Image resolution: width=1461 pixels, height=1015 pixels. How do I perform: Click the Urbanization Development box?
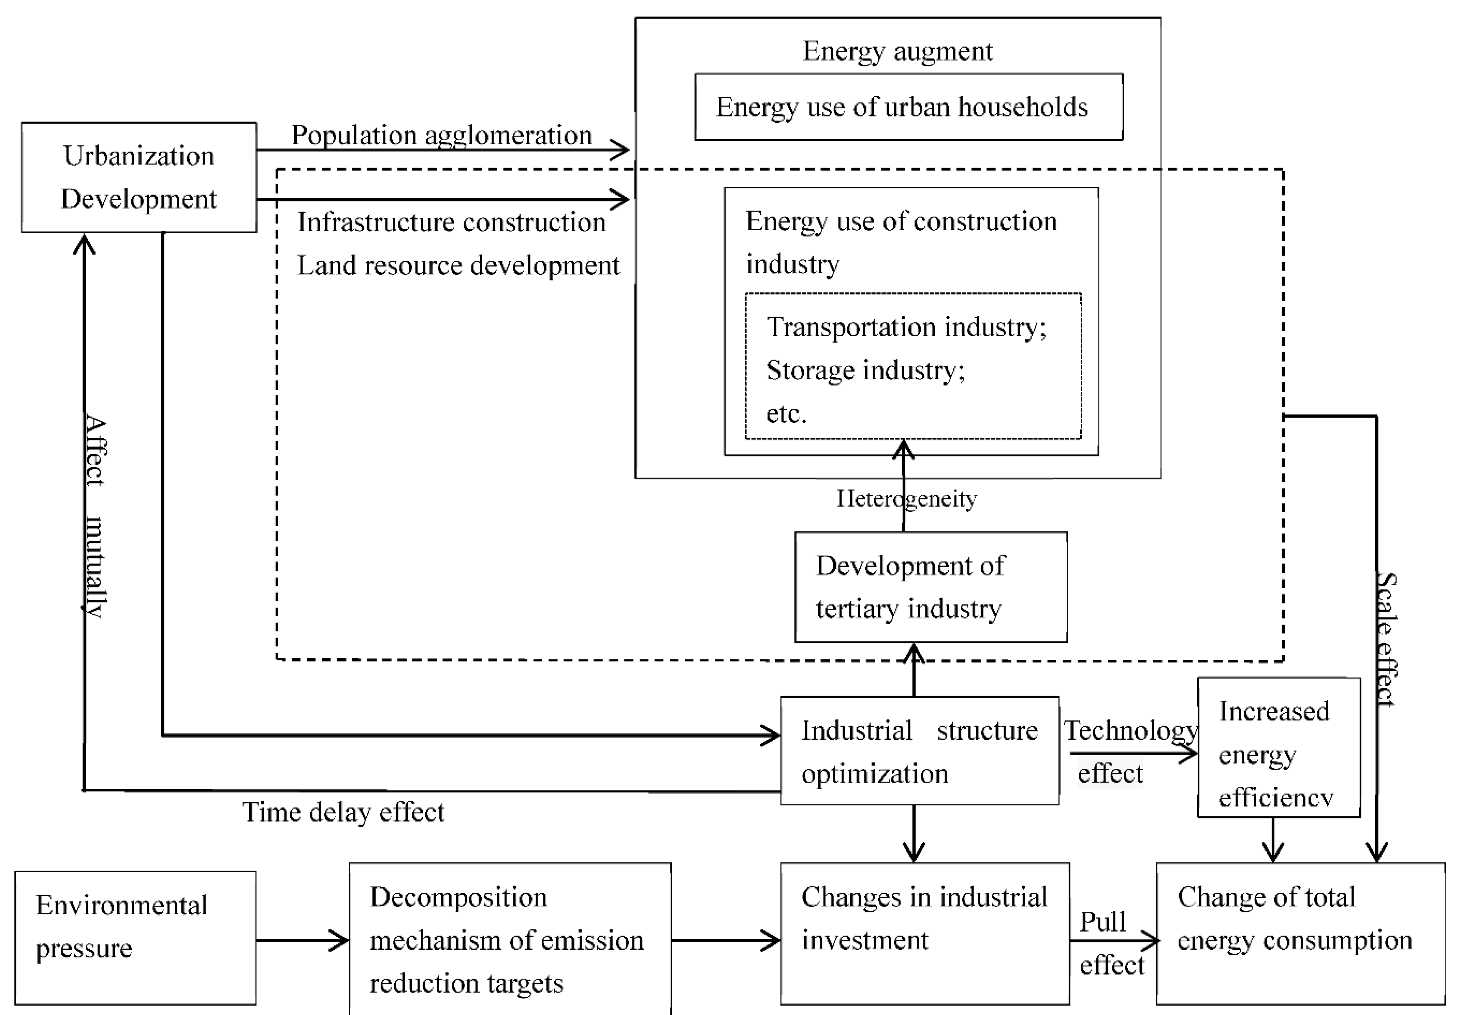tap(139, 177)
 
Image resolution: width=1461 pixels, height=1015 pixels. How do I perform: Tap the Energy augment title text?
tap(897, 51)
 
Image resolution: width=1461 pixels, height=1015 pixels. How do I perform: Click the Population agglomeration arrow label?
tap(441, 135)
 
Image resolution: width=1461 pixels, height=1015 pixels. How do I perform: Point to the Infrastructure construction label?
tap(451, 222)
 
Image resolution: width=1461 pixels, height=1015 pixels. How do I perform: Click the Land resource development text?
tap(458, 265)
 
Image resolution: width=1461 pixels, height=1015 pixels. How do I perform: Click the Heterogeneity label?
tap(906, 499)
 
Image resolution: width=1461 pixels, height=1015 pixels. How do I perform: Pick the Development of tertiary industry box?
tap(930, 587)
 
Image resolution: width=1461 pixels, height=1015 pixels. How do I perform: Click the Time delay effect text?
tap(343, 812)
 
